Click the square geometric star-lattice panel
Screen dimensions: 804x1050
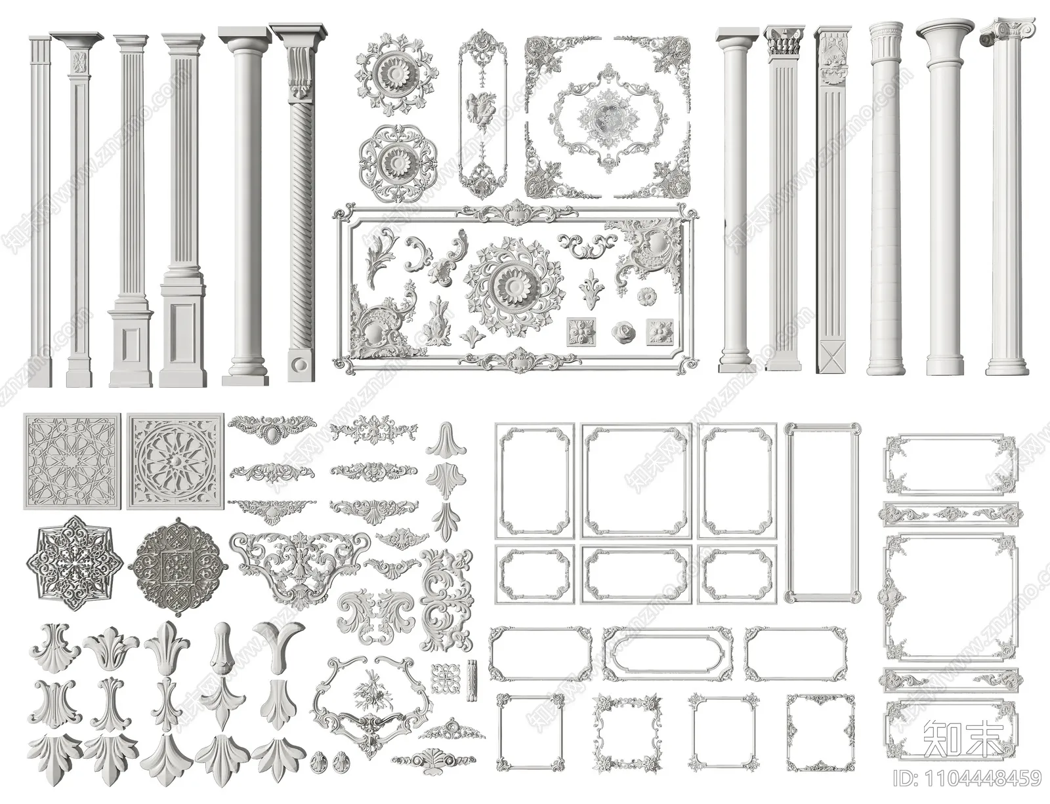coord(72,461)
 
